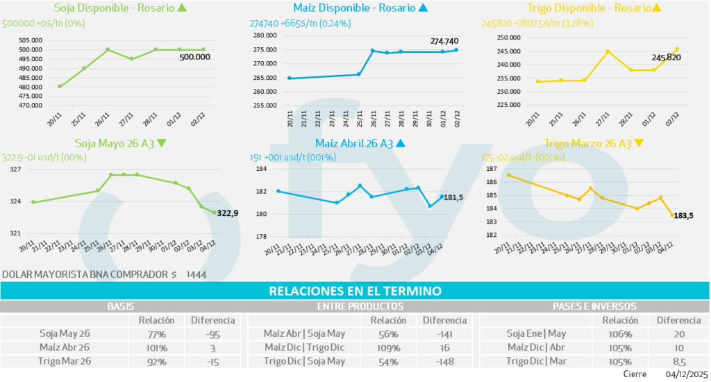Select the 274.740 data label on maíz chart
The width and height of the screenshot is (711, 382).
pos(446,41)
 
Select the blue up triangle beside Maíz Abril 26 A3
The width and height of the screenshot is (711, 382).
pos(399,144)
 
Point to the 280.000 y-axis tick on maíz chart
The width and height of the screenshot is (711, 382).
pos(267,35)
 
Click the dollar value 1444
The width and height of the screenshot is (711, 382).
pos(196,274)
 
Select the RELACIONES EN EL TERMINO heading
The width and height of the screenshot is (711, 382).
pos(355,291)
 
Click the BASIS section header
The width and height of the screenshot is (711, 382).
pos(122,306)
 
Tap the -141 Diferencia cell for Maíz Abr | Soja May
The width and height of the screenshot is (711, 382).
pos(445,333)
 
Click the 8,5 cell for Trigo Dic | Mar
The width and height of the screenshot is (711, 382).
pos(679,361)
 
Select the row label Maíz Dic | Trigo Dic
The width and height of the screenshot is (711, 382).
pos(305,347)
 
